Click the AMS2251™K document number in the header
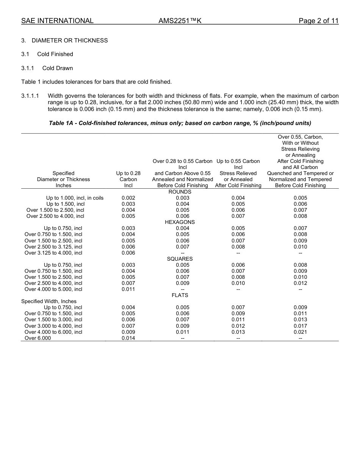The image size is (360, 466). point(180,21)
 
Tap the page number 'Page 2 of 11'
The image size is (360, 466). point(318,21)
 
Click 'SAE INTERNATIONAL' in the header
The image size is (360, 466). point(57,21)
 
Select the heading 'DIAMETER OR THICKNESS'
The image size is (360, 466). point(70,41)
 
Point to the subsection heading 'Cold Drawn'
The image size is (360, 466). point(58,68)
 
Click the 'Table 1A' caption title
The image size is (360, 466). point(180,123)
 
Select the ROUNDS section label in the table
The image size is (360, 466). point(180,192)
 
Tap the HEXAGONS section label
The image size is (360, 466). point(180,222)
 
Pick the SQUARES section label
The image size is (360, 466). point(180,259)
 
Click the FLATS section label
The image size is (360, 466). point(180,295)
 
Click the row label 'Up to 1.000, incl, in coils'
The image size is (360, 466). point(75,198)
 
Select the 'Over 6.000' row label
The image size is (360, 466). point(38,338)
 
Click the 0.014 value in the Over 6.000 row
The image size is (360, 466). point(128,338)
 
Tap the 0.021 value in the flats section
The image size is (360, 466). point(300,332)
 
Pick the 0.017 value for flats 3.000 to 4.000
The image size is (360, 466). point(300,326)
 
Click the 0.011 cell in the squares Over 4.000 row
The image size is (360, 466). point(128,289)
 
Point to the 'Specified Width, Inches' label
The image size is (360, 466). point(49,301)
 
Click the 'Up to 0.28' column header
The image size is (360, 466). point(128,173)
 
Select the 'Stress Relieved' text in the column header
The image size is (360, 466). point(238,173)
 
